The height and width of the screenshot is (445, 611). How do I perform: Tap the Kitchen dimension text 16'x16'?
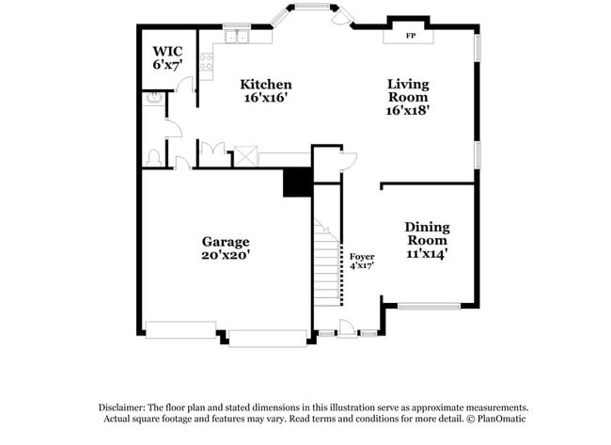click(x=264, y=98)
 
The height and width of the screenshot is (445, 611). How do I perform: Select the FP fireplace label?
click(x=411, y=36)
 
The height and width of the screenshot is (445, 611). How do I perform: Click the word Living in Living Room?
click(x=408, y=83)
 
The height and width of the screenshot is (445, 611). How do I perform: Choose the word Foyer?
click(x=362, y=256)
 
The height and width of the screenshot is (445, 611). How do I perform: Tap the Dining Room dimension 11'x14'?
click(x=427, y=253)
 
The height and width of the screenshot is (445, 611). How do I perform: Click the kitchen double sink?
click(x=235, y=38)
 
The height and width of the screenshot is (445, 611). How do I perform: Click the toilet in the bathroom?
click(x=152, y=156)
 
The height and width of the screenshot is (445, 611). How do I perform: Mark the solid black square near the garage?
click(x=297, y=182)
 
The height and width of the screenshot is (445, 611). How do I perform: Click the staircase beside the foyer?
click(x=324, y=263)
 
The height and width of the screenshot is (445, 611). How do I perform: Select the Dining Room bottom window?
click(x=430, y=306)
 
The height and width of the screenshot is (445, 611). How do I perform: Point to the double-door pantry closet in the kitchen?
click(x=213, y=151)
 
